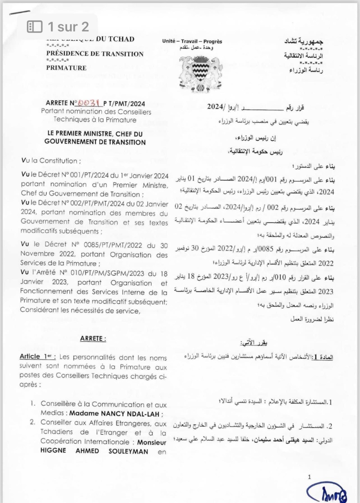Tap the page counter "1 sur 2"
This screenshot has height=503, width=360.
click(68, 27)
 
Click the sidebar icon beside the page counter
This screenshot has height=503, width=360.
click(35, 27)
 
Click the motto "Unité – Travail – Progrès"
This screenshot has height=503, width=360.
click(192, 41)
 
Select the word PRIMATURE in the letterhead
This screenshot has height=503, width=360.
click(66, 68)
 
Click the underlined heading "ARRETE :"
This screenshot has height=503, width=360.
click(93, 339)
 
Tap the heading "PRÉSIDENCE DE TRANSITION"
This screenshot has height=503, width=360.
click(95, 54)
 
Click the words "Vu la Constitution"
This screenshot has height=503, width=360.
click(49, 160)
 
